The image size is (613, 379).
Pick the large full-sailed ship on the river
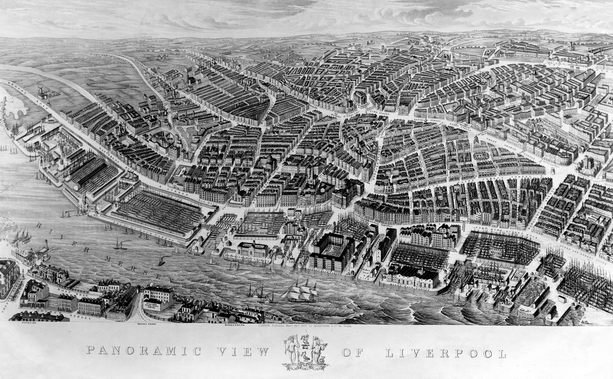coord(301,291)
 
